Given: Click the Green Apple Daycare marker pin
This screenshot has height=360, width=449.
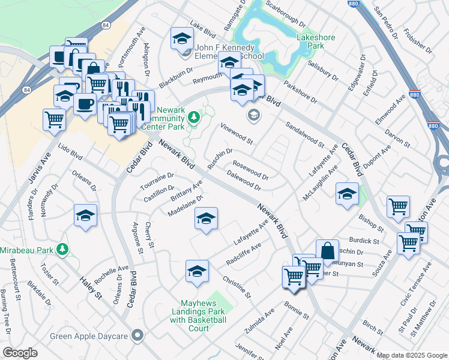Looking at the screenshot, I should tap(139, 335).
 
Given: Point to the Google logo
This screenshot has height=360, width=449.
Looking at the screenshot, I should tap(20, 353).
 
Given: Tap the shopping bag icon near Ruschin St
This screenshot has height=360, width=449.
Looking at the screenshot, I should tap(328, 250).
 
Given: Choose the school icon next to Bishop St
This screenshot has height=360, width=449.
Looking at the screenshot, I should tap(347, 193).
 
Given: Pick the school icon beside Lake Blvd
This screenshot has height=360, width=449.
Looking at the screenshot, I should tap(180, 38).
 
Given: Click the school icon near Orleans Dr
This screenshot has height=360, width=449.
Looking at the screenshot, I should tap(85, 214).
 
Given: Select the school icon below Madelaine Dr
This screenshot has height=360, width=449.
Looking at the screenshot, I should tap(206, 218).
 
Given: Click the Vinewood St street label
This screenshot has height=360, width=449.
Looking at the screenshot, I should tap(237, 133).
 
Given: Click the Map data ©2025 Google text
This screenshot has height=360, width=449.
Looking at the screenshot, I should tap(411, 355).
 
